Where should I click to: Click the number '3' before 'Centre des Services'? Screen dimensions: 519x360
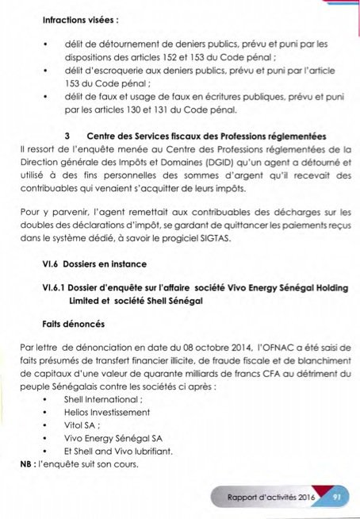point(71,135)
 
